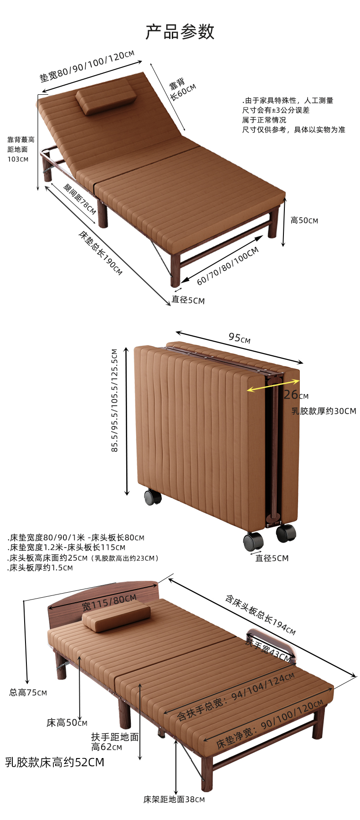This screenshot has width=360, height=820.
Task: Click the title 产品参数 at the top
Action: pos(180,32)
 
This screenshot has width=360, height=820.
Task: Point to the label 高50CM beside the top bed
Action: pos(304,220)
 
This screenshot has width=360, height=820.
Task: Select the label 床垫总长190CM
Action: pos(100,253)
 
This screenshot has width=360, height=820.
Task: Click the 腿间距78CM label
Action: pos(79,199)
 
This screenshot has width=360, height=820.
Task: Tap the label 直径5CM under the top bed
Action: pos(188,300)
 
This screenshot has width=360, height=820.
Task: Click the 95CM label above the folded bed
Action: pos(239,338)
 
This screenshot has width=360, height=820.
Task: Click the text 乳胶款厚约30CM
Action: pos(324,411)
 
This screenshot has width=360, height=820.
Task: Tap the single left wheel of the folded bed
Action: pos(152,497)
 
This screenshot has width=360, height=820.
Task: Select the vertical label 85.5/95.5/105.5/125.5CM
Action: pos(115,400)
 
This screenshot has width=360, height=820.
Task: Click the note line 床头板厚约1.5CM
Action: pos(41,568)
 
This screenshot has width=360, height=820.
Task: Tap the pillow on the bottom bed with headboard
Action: pos(116,615)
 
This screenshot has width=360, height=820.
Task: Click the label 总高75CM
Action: pos(28,692)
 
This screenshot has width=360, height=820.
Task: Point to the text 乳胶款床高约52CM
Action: pos(55,762)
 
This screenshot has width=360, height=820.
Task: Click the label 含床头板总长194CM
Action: pos(260,615)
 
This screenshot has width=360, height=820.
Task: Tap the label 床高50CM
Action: pos(67,723)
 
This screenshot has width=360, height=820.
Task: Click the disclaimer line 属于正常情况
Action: pos(264,120)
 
